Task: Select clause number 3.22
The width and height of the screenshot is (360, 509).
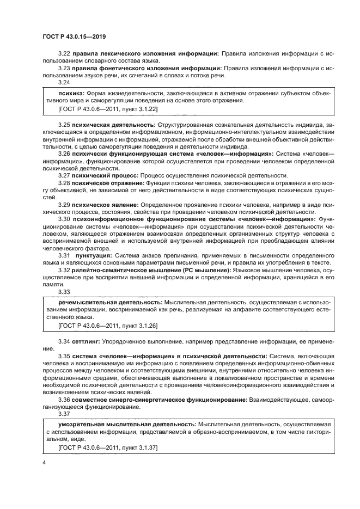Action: [64, 53]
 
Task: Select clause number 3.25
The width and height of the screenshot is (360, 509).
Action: [64, 125]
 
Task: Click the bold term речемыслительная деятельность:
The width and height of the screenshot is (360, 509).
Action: [109, 302]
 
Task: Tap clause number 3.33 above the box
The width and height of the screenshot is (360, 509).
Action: [64, 292]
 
